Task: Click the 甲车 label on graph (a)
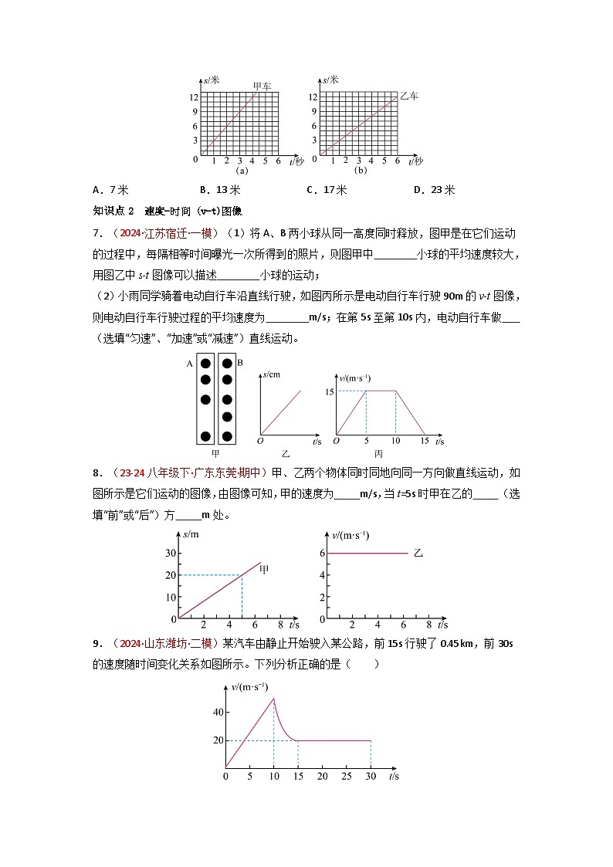(x=262, y=86)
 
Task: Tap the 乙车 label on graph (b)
(x=408, y=96)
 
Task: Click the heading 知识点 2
(x=113, y=211)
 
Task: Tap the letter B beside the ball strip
(x=240, y=362)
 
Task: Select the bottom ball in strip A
(x=206, y=436)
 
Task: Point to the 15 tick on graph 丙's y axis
(x=329, y=391)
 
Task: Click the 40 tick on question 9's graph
(x=218, y=712)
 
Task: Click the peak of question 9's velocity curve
(x=273, y=698)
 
